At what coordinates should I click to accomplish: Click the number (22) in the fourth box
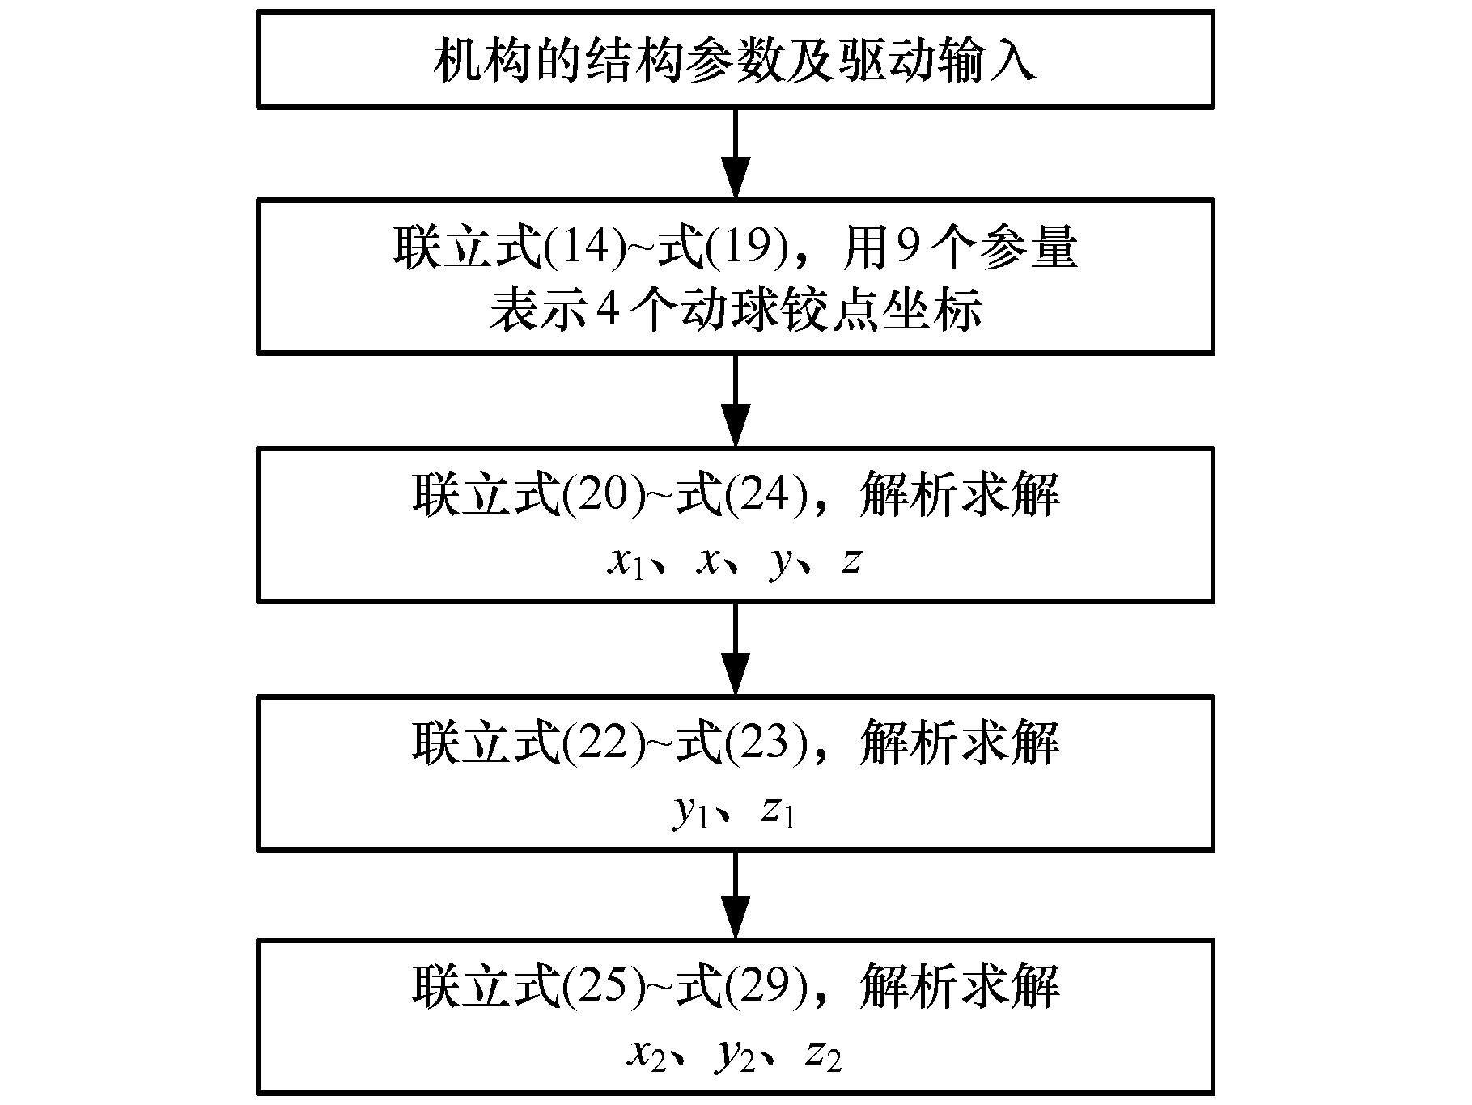(604, 742)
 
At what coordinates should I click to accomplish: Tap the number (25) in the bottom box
(604, 986)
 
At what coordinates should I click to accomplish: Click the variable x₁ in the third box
(626, 561)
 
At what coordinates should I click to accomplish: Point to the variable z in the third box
(850, 560)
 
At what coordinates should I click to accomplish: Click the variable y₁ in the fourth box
(690, 811)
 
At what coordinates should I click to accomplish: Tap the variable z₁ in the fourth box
(778, 811)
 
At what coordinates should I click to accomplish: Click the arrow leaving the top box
(736, 153)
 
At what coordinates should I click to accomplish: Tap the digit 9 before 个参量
(899, 247)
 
